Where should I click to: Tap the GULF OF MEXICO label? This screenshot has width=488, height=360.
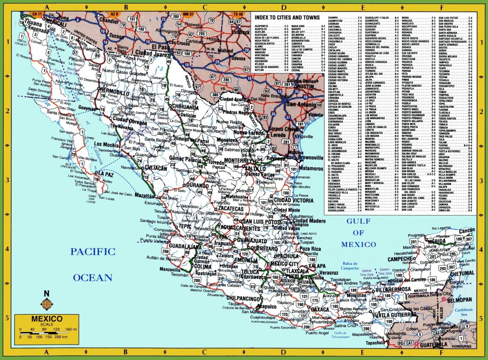[x=362, y=233]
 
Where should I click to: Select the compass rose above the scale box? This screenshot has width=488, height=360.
[x=46, y=303]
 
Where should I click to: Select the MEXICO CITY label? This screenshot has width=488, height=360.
[x=285, y=264]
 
